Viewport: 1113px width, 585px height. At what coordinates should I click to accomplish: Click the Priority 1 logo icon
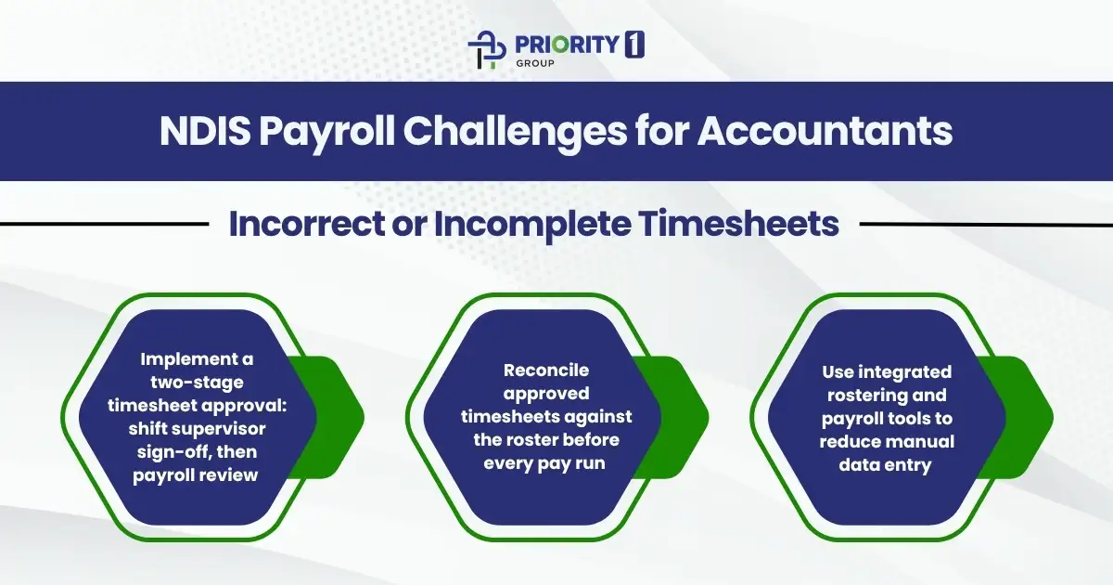point(488,51)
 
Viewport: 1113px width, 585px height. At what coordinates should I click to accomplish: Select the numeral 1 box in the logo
point(634,45)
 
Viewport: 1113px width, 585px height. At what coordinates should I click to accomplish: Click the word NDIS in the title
point(203,131)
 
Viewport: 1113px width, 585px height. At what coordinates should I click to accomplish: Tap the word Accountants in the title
point(825,131)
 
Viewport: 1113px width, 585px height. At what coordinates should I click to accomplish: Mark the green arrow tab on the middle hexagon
point(684,417)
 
